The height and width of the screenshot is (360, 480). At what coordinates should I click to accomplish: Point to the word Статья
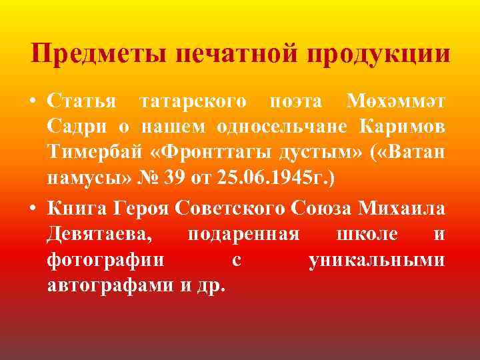tap(80, 101)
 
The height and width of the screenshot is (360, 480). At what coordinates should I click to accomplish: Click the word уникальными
tap(377, 260)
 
